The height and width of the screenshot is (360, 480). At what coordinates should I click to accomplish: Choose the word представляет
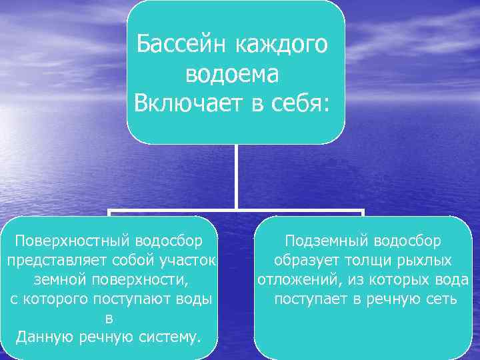[x=58, y=259]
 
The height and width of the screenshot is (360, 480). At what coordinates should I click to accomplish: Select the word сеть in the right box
[x=441, y=298]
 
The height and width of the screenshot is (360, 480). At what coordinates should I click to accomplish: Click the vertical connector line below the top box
[x=236, y=177]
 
